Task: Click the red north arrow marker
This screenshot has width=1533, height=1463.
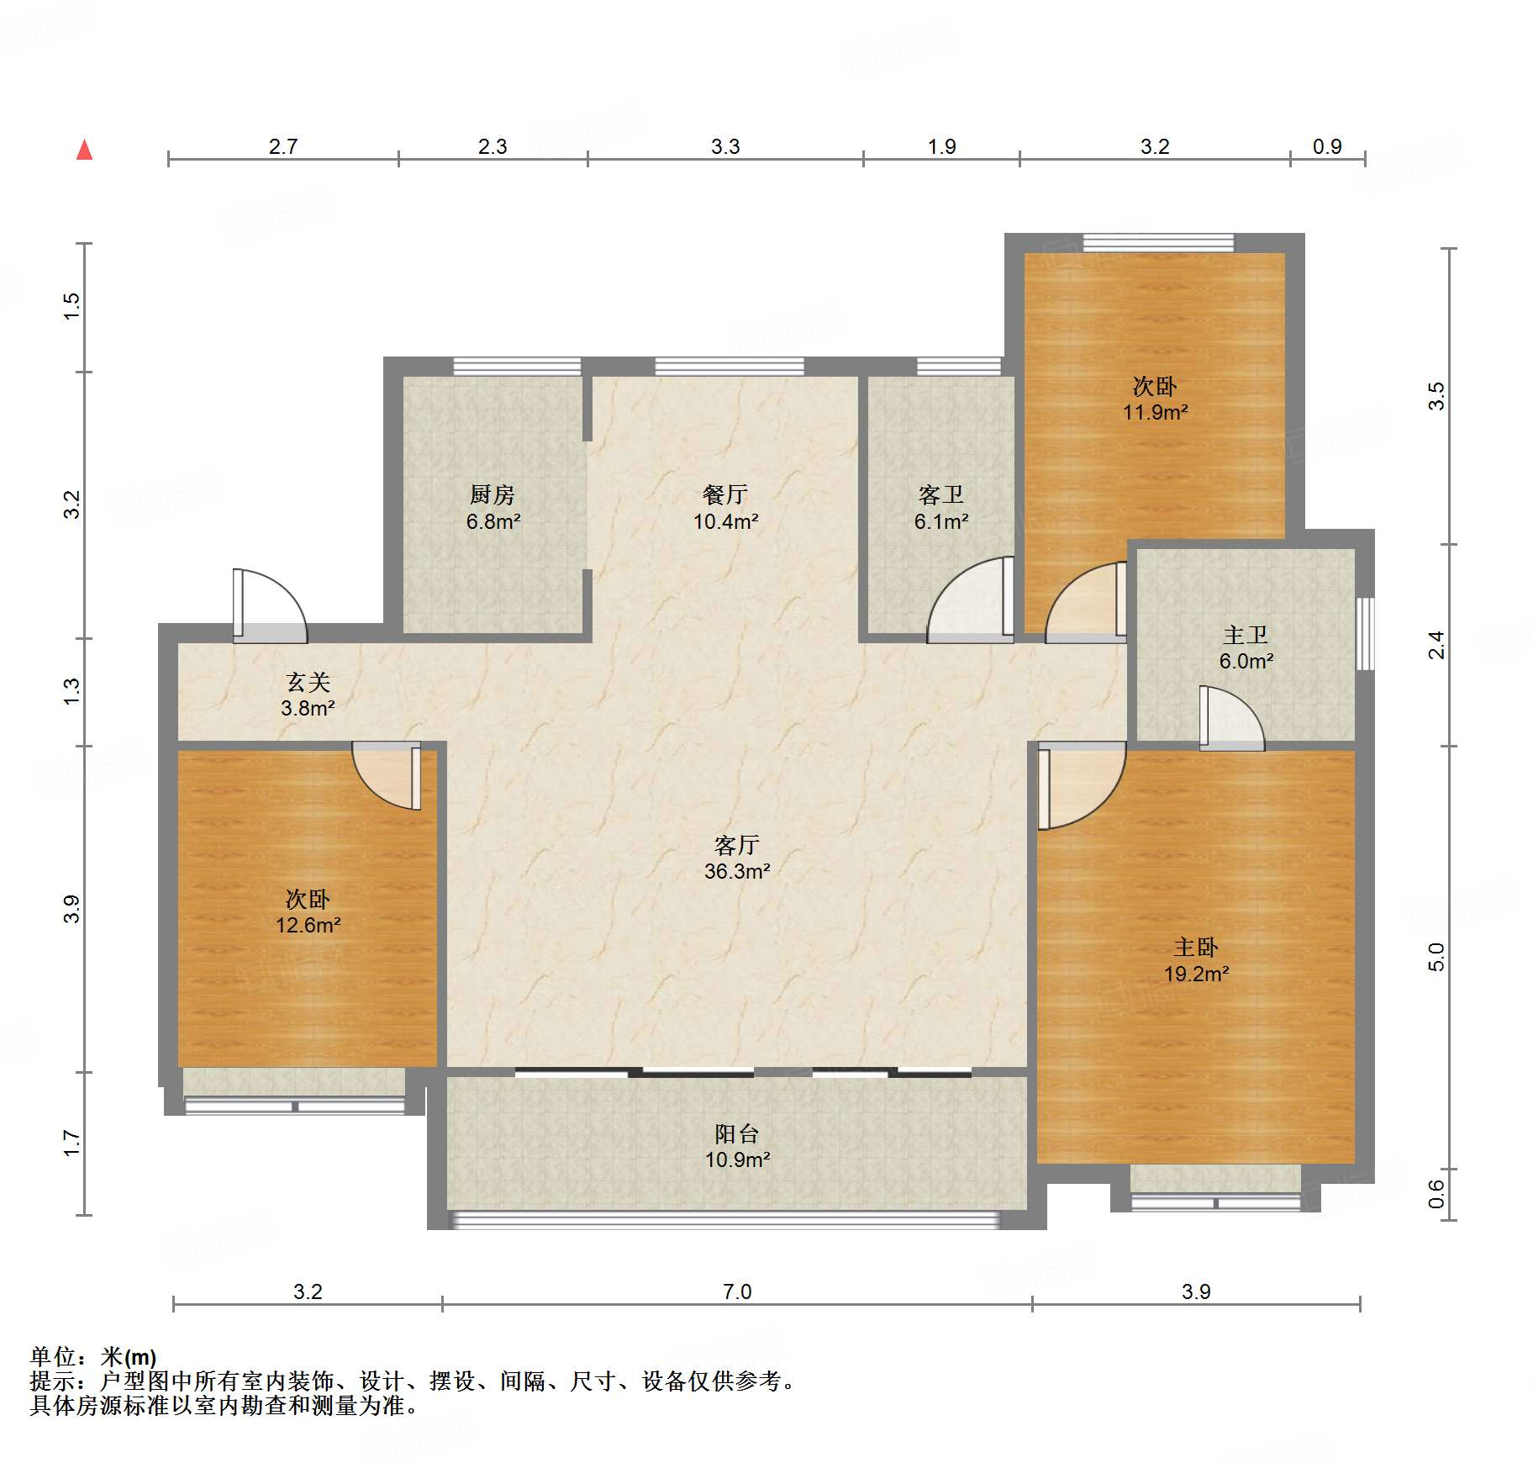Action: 84,151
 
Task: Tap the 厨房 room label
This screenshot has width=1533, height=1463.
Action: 493,494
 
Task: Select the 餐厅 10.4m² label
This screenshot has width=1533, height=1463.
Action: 725,508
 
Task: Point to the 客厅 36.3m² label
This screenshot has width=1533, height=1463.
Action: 737,858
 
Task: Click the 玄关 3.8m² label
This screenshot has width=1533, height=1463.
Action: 308,695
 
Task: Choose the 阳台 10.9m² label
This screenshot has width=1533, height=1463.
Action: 737,1146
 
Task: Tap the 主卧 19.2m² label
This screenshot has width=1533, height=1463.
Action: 1196,960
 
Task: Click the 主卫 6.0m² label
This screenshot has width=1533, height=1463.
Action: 1246,647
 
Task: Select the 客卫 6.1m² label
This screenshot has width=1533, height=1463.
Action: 941,508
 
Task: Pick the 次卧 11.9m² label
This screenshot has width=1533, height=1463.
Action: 1155,399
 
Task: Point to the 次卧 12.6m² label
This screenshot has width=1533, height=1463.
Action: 308,912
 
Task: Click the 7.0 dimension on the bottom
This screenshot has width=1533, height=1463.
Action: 737,1291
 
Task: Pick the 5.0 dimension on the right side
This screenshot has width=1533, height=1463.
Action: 1436,957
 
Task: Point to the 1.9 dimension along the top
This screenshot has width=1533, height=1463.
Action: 941,146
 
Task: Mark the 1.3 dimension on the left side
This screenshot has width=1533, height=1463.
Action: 72,691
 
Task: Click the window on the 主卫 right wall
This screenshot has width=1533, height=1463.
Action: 1366,634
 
